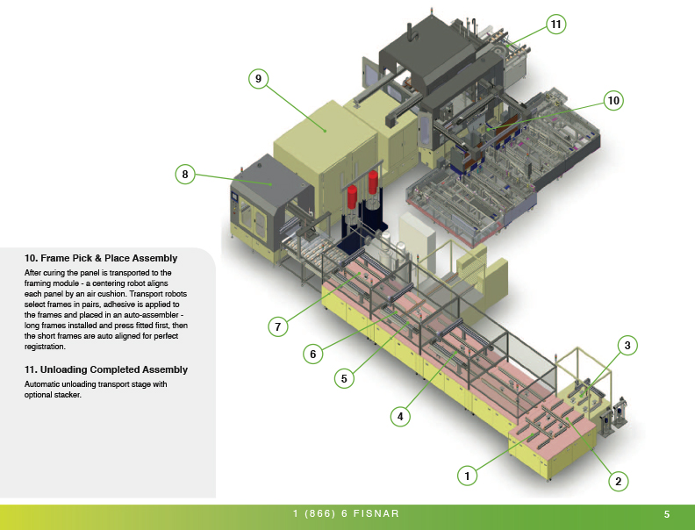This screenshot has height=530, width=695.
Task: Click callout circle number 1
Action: point(468,476)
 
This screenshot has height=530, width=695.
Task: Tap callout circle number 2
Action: point(618,480)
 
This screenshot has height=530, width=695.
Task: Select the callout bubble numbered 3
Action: point(627,346)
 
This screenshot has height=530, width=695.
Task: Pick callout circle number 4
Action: point(400,417)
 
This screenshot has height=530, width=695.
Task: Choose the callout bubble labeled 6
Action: point(311,354)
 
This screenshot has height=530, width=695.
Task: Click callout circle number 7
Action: point(277,326)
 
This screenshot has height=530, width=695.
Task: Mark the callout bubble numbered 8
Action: point(184,174)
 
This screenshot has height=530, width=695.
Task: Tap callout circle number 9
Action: point(257,79)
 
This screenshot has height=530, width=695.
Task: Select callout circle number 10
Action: point(613,101)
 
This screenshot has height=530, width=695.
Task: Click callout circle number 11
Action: point(555,25)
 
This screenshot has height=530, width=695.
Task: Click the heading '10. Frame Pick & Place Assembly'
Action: point(101,258)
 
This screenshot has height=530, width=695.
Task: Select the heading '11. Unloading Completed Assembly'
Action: point(106,369)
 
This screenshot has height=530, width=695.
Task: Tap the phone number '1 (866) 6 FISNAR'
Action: point(347,513)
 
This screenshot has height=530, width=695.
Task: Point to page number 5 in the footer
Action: point(667,513)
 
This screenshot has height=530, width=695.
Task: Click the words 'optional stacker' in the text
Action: point(54,394)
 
